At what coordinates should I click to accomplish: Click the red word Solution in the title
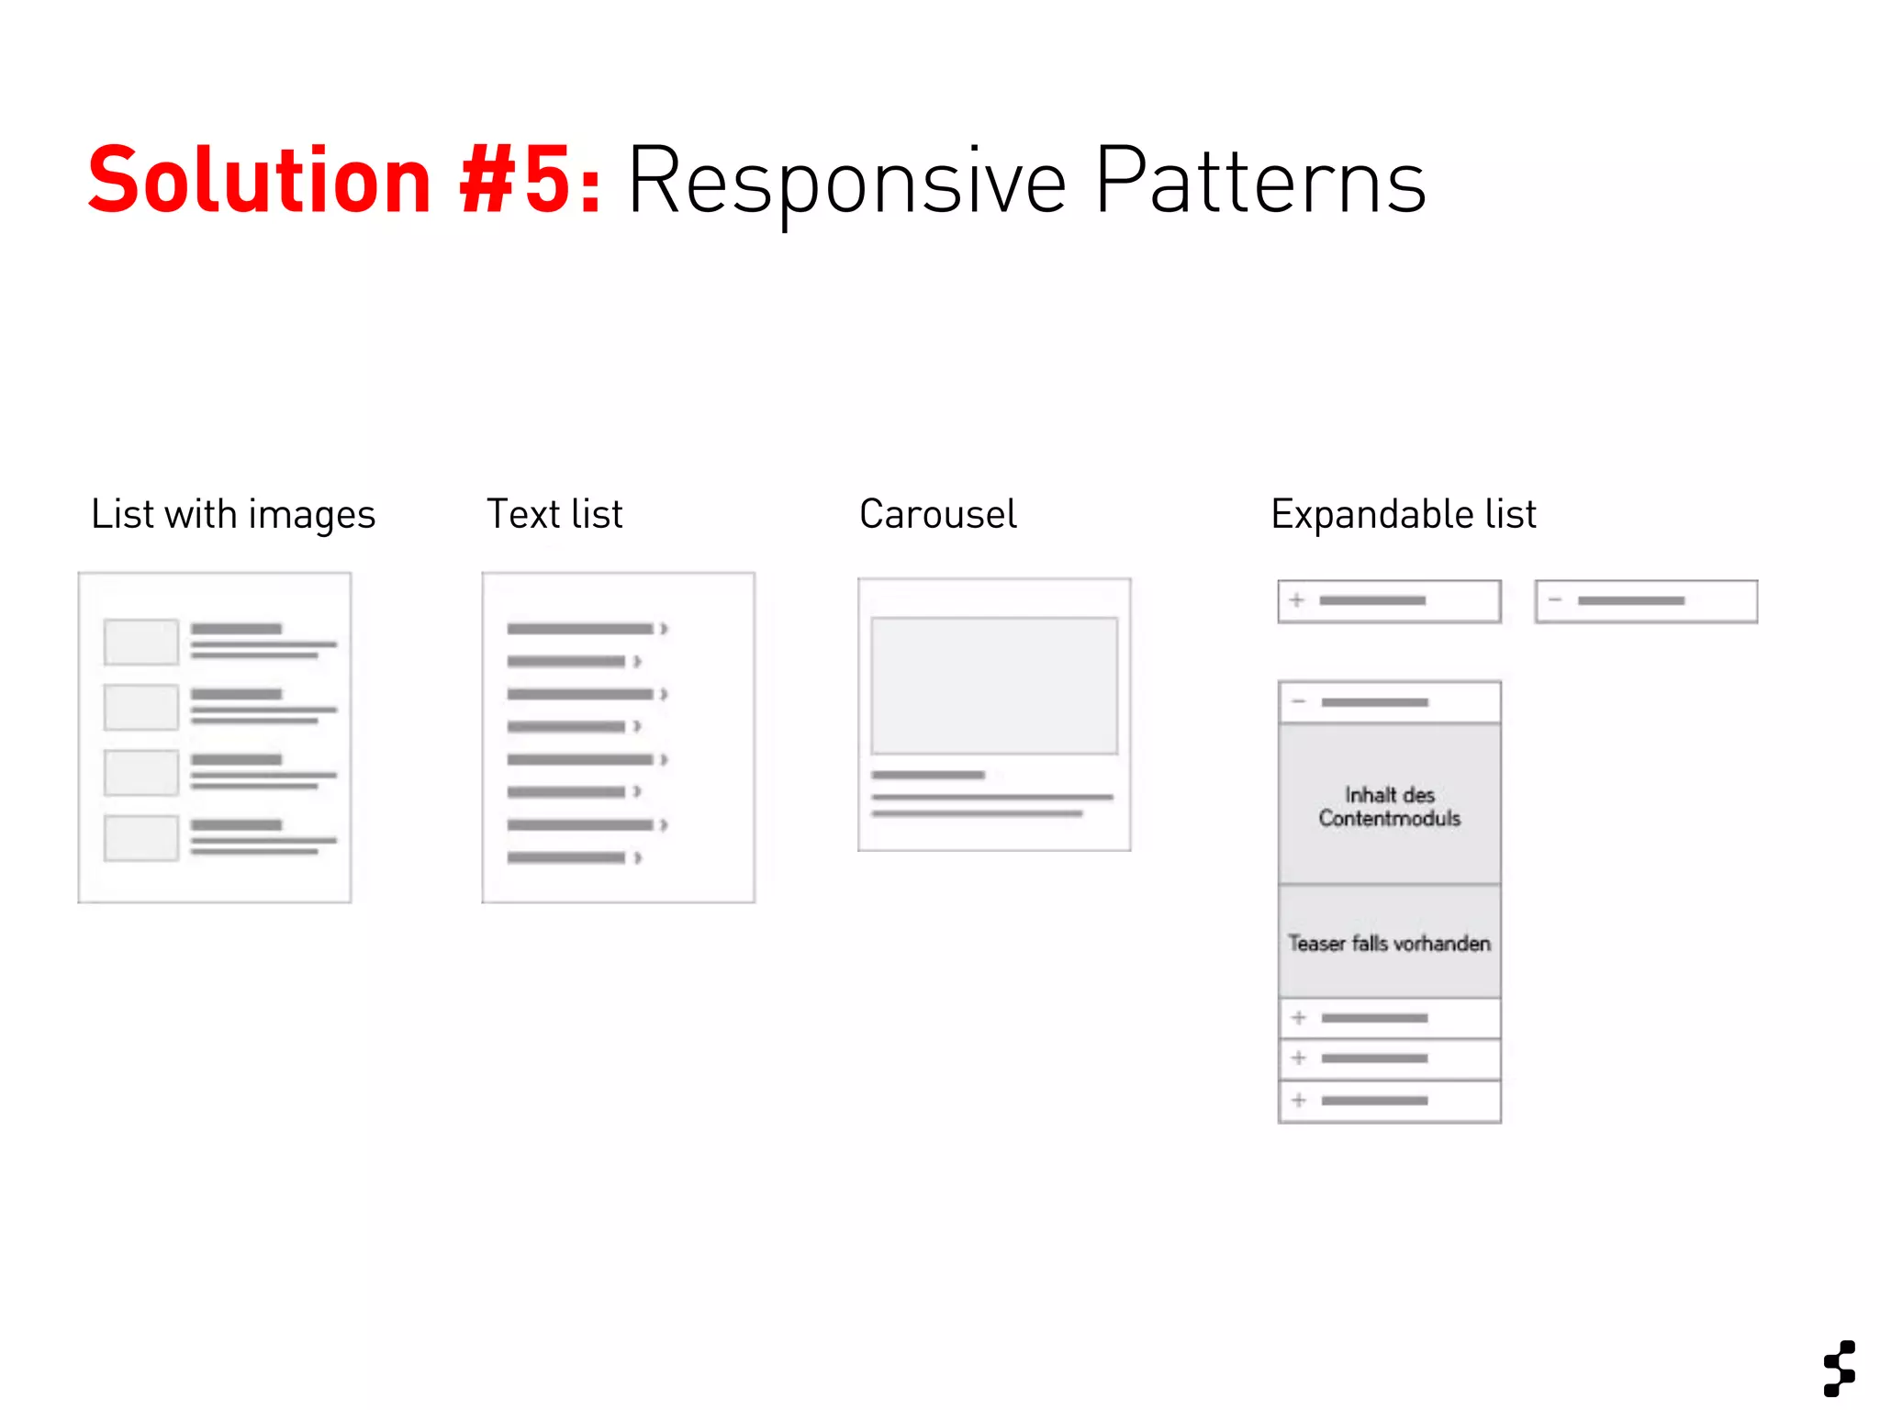260,181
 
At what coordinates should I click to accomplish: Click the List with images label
233,514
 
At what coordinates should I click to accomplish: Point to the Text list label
554,514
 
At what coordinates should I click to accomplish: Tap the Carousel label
937,514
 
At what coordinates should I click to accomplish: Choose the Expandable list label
1403,514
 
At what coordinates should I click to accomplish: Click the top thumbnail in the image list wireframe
140,642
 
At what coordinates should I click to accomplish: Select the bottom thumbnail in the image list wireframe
140,838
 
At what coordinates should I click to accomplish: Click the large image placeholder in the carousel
994,686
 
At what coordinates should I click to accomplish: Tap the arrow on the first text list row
664,629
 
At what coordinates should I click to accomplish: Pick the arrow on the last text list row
637,857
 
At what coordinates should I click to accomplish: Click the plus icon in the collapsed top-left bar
1297,600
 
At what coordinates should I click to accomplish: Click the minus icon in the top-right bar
1555,600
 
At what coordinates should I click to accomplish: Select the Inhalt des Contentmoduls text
1389,807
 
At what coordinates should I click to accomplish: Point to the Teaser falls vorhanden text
1389,943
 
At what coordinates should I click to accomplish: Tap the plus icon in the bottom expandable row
1299,1100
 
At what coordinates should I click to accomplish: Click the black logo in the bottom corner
1840,1368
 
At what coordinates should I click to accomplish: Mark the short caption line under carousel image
928,776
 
